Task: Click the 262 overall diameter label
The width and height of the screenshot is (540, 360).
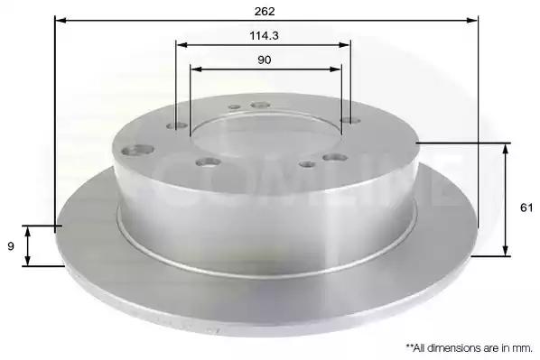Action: [x=265, y=12]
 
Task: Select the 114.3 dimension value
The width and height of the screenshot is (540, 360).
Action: [x=264, y=35]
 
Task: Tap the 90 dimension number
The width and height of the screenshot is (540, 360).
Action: [x=265, y=60]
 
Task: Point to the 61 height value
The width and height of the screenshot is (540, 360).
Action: [x=526, y=208]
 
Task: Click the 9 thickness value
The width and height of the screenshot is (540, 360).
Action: [x=11, y=246]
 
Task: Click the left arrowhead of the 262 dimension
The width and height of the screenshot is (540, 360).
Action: [x=61, y=21]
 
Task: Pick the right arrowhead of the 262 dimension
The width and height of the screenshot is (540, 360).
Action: [x=472, y=21]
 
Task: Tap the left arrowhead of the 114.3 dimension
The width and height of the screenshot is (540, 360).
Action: [x=182, y=45]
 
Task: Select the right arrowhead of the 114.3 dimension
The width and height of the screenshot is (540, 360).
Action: [x=345, y=45]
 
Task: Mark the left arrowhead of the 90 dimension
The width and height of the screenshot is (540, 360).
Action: [x=196, y=69]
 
